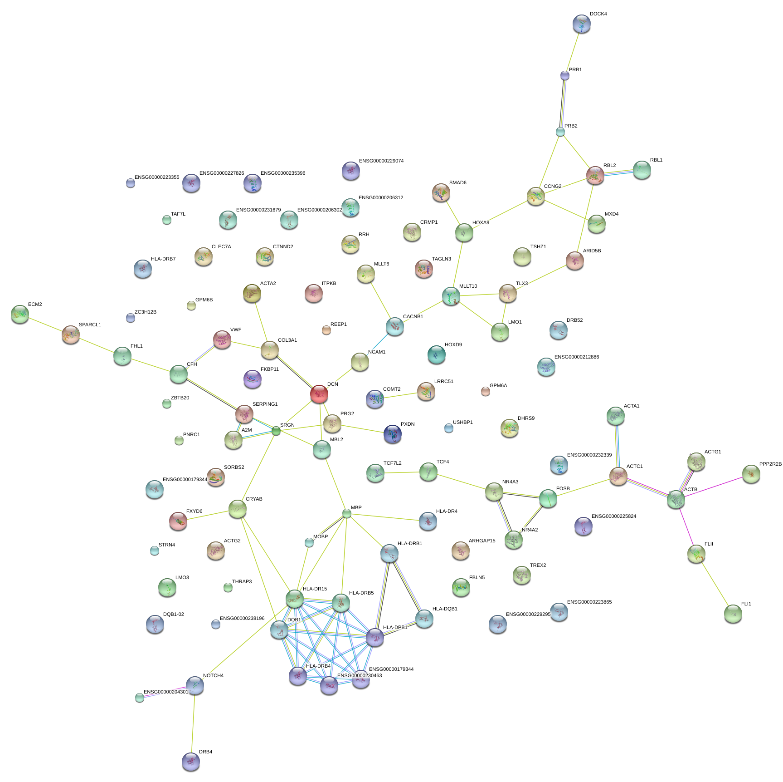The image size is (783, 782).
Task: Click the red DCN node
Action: [319, 394]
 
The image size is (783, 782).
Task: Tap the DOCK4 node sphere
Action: [581, 24]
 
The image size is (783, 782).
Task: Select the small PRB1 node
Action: [564, 75]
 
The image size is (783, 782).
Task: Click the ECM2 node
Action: [20, 314]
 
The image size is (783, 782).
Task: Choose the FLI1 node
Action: [733, 614]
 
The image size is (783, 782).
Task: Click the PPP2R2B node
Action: [751, 474]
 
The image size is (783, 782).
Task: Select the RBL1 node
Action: [642, 170]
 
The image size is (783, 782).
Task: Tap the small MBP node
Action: [347, 513]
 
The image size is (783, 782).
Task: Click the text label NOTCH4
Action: [213, 675]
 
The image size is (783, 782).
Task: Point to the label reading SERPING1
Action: [265, 404]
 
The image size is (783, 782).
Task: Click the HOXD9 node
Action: [437, 354]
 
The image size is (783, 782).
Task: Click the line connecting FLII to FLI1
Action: [715, 584]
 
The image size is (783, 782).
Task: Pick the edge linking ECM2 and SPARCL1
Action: [45, 324]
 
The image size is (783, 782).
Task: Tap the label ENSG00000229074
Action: [381, 161]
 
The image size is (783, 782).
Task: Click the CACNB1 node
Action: [394, 326]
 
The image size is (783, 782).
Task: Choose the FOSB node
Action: [548, 498]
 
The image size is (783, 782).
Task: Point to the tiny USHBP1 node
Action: [448, 428]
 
